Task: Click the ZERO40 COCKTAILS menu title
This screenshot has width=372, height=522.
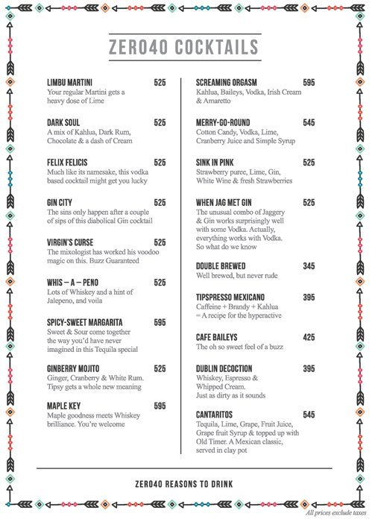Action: [183, 48]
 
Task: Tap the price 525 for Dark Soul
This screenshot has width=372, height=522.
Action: [160, 122]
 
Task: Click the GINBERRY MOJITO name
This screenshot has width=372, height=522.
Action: [73, 368]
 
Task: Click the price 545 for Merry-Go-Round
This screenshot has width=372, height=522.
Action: [309, 122]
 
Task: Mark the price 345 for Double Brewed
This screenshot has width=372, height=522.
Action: [309, 266]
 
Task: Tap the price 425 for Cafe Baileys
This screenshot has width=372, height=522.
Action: [309, 337]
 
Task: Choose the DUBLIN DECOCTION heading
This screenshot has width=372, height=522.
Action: [229, 369]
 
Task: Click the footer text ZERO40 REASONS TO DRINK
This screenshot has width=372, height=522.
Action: [184, 484]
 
